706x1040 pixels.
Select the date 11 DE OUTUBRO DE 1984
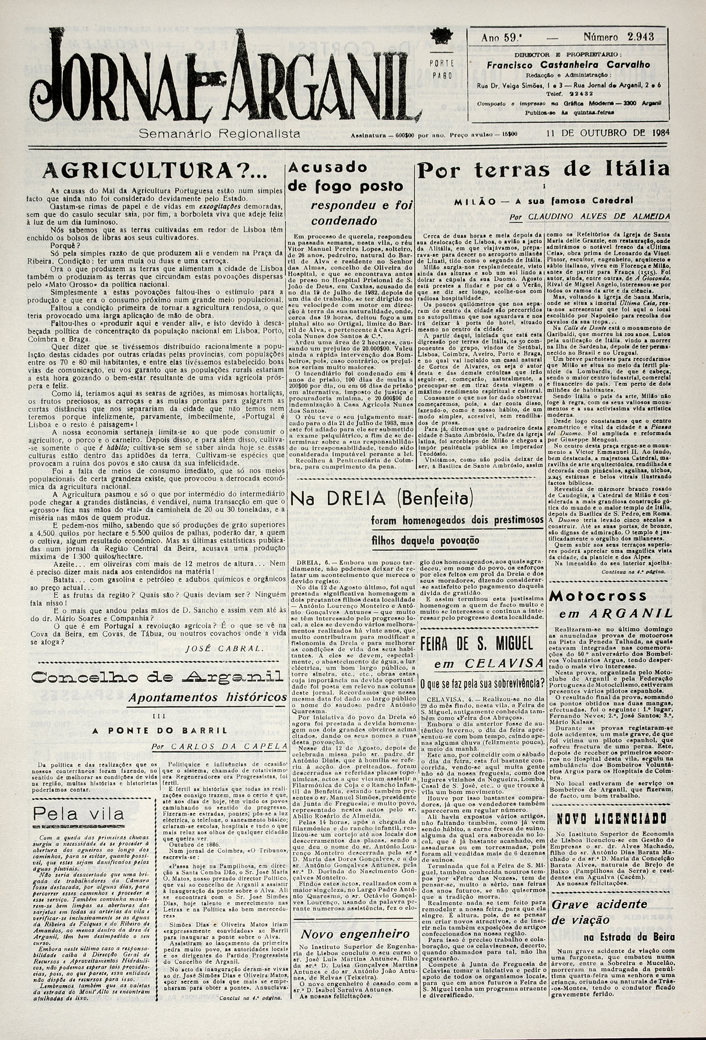click(607, 133)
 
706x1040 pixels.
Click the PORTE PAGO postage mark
click(442, 69)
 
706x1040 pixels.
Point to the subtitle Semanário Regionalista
click(219, 134)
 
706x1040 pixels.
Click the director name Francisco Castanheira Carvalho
click(568, 65)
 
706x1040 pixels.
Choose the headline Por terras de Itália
click(543, 170)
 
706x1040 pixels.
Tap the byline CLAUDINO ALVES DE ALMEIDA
click(599, 216)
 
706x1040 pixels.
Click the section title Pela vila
click(78, 813)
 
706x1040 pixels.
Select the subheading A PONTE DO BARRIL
click(159, 730)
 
